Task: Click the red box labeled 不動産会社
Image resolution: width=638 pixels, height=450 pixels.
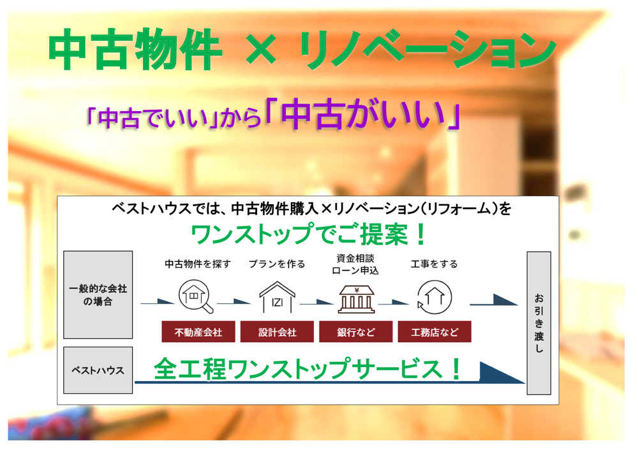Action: tap(198, 332)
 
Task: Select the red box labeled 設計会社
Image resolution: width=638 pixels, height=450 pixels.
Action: tap(278, 332)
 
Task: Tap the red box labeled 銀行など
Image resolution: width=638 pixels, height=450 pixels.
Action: tap(356, 332)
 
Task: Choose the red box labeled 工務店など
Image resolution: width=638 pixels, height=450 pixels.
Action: tap(434, 332)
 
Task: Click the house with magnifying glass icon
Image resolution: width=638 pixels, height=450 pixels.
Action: tap(197, 296)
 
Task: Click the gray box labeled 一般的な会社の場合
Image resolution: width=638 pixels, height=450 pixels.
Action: tap(98, 294)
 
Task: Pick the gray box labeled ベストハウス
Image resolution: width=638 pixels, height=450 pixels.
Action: tap(98, 370)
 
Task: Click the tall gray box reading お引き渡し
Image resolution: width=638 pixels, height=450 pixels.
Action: tap(538, 323)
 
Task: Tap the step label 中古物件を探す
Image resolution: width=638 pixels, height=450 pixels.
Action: tap(198, 264)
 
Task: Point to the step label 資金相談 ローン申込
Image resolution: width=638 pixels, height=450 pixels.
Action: tap(356, 264)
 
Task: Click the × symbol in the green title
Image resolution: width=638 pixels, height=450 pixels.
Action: tap(262, 51)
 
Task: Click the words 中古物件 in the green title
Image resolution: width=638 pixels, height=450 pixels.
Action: tap(135, 51)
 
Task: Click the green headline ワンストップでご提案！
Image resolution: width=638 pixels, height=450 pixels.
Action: tap(309, 235)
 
